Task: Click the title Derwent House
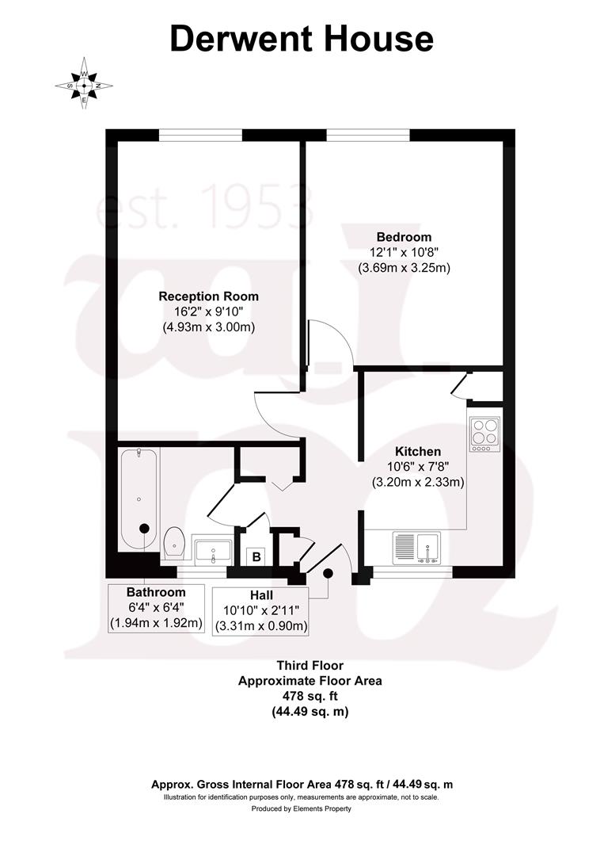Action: pyautogui.click(x=302, y=39)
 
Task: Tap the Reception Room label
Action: pyautogui.click(x=208, y=296)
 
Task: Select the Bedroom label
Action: pyautogui.click(x=404, y=237)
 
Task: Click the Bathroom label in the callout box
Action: pyautogui.click(x=156, y=592)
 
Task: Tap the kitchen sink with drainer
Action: pyautogui.click(x=417, y=548)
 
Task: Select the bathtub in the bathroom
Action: pyautogui.click(x=139, y=499)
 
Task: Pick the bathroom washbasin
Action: pyautogui.click(x=212, y=548)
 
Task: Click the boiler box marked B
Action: pyautogui.click(x=256, y=556)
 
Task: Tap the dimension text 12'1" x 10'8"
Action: pyautogui.click(x=404, y=252)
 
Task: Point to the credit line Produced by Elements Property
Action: pyautogui.click(x=302, y=809)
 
